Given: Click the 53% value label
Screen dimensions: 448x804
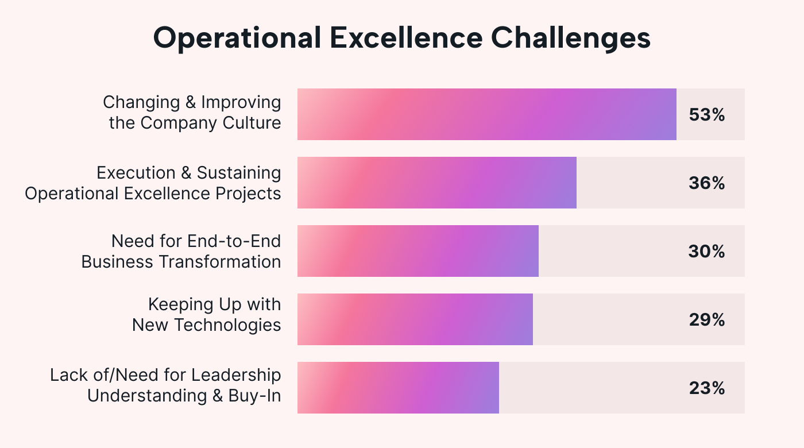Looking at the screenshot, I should [x=707, y=115].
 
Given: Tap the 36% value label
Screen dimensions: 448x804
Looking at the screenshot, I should [x=707, y=183].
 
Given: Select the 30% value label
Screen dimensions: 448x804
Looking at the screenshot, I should [x=707, y=252].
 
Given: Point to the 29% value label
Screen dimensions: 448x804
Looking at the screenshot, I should [x=707, y=320].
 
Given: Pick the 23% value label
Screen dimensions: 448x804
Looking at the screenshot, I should [x=707, y=388].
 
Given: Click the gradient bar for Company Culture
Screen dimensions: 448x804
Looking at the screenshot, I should [x=486, y=114].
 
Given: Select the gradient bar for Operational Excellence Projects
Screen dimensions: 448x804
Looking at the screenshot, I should [x=436, y=183].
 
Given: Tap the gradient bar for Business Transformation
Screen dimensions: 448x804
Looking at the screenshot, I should [x=418, y=251].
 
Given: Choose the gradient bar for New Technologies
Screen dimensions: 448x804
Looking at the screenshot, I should [x=415, y=319].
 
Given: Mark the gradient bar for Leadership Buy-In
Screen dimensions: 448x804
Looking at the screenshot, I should [x=398, y=388].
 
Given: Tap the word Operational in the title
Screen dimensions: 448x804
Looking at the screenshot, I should [x=238, y=38].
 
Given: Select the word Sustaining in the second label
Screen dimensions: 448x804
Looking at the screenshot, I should [x=239, y=172].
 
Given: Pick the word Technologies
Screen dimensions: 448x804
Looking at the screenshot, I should [x=228, y=325].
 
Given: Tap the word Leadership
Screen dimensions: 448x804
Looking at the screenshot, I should [x=236, y=375].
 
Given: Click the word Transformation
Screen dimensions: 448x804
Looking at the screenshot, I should [x=220, y=261].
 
